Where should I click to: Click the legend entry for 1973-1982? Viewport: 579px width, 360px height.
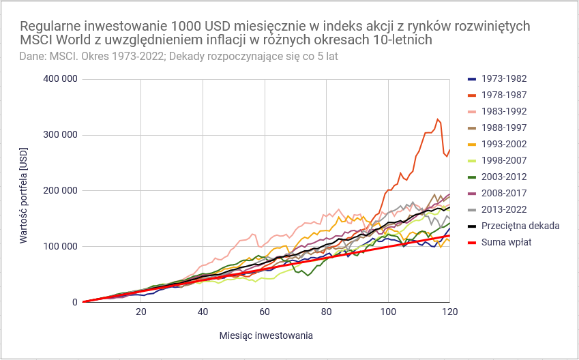tap(503, 78)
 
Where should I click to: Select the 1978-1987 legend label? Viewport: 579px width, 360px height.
tap(503, 95)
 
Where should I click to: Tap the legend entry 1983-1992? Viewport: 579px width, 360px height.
tap(503, 111)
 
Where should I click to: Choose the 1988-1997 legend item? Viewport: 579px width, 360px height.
tap(503, 127)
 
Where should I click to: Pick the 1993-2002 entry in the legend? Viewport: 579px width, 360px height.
tap(503, 144)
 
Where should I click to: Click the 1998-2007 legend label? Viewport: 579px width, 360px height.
tap(503, 160)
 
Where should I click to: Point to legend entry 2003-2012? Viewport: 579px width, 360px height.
tap(503, 177)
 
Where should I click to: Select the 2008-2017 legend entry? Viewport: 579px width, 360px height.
tap(503, 193)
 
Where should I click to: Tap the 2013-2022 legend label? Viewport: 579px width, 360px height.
tap(503, 209)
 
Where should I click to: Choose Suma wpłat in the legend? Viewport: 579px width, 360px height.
tap(506, 242)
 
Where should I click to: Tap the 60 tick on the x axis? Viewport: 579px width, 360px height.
tap(265, 312)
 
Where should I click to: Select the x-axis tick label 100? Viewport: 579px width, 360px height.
tap(388, 312)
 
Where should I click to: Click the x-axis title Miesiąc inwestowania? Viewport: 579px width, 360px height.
tap(266, 335)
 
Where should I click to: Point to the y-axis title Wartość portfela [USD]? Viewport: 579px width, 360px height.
tap(23, 190)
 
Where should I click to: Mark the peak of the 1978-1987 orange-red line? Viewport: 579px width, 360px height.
tap(438, 119)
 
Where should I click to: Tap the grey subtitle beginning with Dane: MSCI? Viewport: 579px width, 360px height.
tap(179, 56)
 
